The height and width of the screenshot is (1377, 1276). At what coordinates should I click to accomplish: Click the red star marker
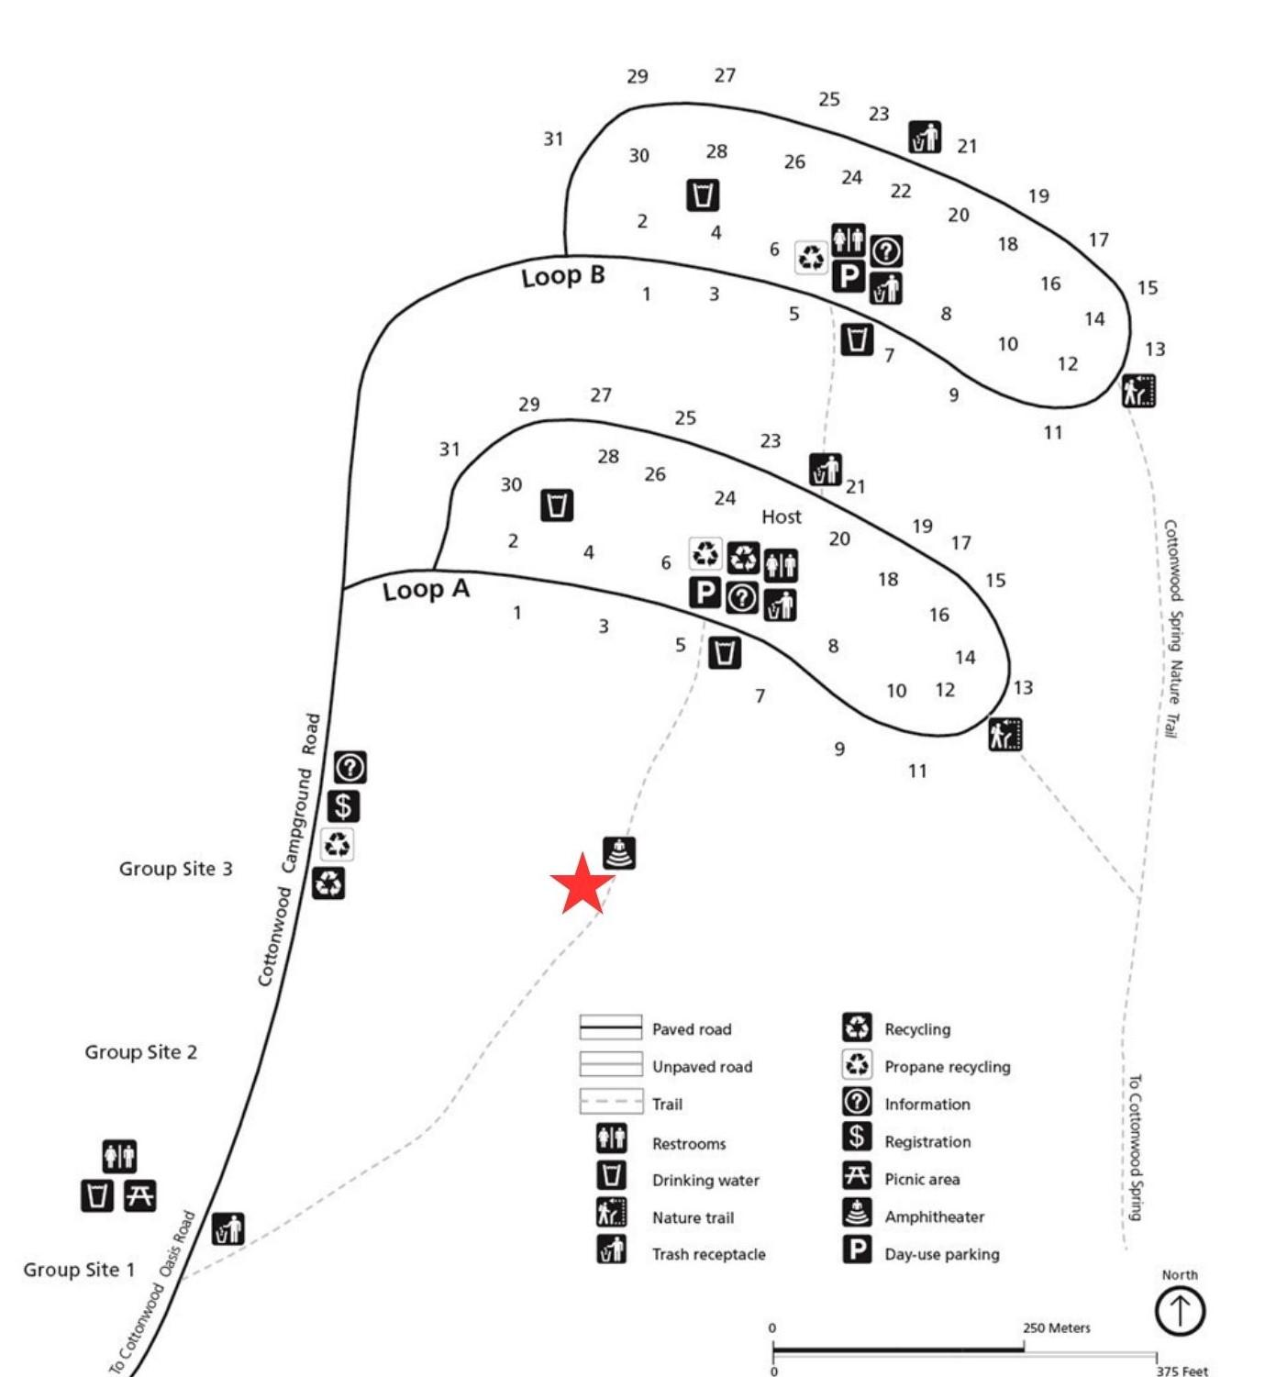pyautogui.click(x=582, y=883)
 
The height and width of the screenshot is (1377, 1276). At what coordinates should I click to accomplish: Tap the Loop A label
pyautogui.click(x=426, y=590)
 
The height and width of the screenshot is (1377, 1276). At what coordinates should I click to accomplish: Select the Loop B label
pyautogui.click(x=563, y=276)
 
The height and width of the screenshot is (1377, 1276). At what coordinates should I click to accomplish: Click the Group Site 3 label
pyautogui.click(x=175, y=869)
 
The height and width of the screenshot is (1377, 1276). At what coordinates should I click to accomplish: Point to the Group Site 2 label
pyautogui.click(x=140, y=1052)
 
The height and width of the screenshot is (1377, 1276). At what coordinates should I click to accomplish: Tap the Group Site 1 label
pyautogui.click(x=79, y=1270)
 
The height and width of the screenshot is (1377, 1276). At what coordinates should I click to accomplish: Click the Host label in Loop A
pyautogui.click(x=781, y=517)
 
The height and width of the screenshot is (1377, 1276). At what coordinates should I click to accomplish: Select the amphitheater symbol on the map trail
pyautogui.click(x=619, y=853)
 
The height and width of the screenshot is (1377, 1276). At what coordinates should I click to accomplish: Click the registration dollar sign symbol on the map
pyautogui.click(x=343, y=805)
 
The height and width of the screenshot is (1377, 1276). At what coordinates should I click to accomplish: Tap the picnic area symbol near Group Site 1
pyautogui.click(x=139, y=1195)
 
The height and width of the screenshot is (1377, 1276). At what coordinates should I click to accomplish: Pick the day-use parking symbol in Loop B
pyautogui.click(x=849, y=275)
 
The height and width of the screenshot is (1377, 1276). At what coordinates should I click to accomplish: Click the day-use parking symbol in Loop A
pyautogui.click(x=705, y=593)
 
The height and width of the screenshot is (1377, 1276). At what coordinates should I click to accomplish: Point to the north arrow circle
pyautogui.click(x=1179, y=1310)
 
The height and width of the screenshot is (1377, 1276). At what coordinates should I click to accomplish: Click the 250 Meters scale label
pyautogui.click(x=1056, y=1327)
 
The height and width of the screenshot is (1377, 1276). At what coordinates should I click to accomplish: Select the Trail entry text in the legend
pyautogui.click(x=667, y=1105)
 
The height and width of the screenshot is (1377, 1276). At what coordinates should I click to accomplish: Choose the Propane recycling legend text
pyautogui.click(x=947, y=1067)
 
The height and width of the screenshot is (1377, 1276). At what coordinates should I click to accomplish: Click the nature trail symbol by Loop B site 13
pyautogui.click(x=1138, y=391)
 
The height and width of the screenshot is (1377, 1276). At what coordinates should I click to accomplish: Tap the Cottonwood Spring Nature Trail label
pyautogui.click(x=1172, y=628)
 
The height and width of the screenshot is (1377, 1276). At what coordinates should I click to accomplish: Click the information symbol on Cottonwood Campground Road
pyautogui.click(x=350, y=767)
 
